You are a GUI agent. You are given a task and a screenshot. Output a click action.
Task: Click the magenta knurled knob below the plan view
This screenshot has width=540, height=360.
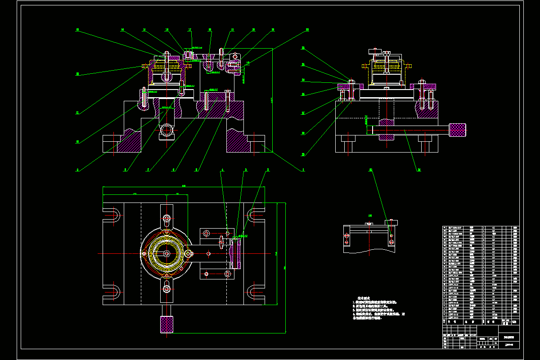[167, 325]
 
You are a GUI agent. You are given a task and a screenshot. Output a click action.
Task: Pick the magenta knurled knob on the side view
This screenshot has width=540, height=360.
[458, 130]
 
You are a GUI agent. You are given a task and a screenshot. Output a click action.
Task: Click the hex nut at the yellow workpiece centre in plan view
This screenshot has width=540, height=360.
[167, 254]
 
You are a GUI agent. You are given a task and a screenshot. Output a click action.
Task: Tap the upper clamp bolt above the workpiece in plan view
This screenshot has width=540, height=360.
[167, 219]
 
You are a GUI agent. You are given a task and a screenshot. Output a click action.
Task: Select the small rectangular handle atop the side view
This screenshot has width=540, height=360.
[375, 51]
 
